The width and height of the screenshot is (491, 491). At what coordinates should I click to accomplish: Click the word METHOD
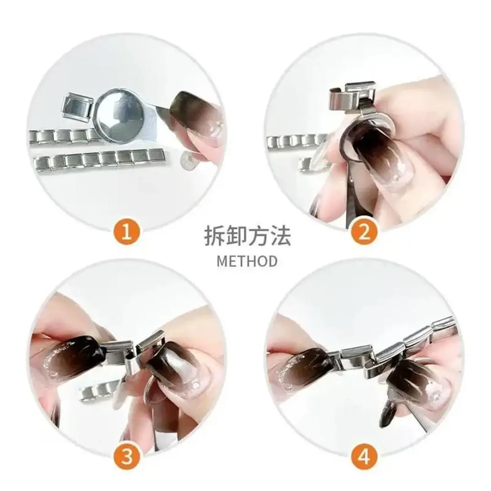coord(247,261)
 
